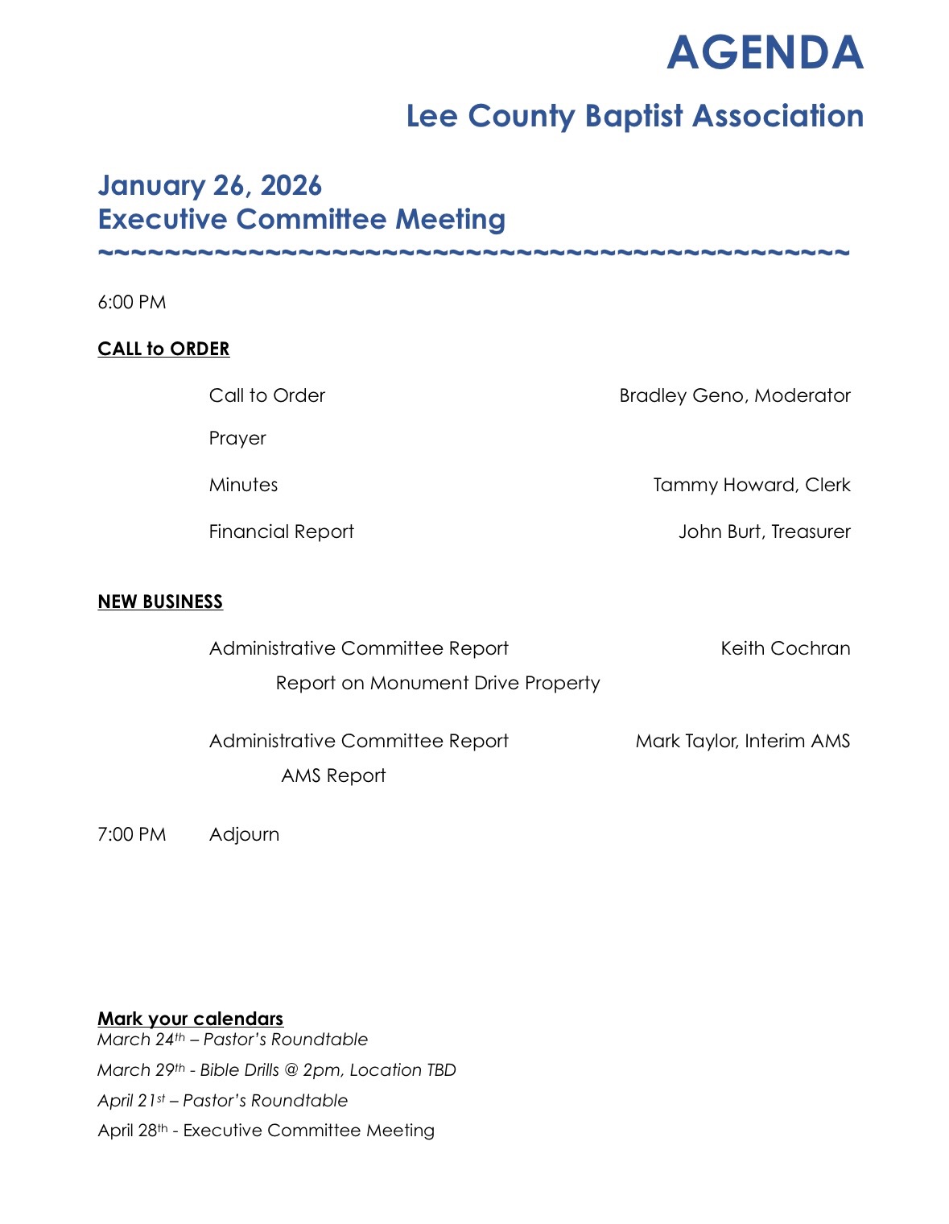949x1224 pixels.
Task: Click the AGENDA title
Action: [x=765, y=53]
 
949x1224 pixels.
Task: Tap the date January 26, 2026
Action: [x=209, y=186]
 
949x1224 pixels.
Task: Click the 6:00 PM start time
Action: [x=132, y=303]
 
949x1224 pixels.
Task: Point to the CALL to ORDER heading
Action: [x=163, y=349]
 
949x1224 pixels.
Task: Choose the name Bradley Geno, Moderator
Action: [x=734, y=395]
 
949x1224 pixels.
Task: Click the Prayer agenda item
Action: [x=237, y=438]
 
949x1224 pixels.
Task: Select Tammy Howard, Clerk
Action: [x=751, y=485]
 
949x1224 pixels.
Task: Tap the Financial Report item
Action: [x=281, y=531]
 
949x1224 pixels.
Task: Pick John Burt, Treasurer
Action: [x=764, y=531]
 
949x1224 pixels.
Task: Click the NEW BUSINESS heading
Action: [x=160, y=602]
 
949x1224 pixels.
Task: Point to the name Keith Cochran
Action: [x=785, y=648]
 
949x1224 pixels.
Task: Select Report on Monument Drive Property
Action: [x=438, y=683]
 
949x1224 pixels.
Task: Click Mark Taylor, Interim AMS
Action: [x=742, y=741]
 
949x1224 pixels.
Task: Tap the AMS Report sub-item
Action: [x=333, y=775]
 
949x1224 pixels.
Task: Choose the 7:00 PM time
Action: [x=132, y=834]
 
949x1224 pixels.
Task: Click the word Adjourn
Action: [x=244, y=834]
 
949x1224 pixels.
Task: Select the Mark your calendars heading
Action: [x=190, y=1019]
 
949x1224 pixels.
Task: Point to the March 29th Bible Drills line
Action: [x=276, y=1070]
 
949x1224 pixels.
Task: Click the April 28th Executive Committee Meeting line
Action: [x=266, y=1131]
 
